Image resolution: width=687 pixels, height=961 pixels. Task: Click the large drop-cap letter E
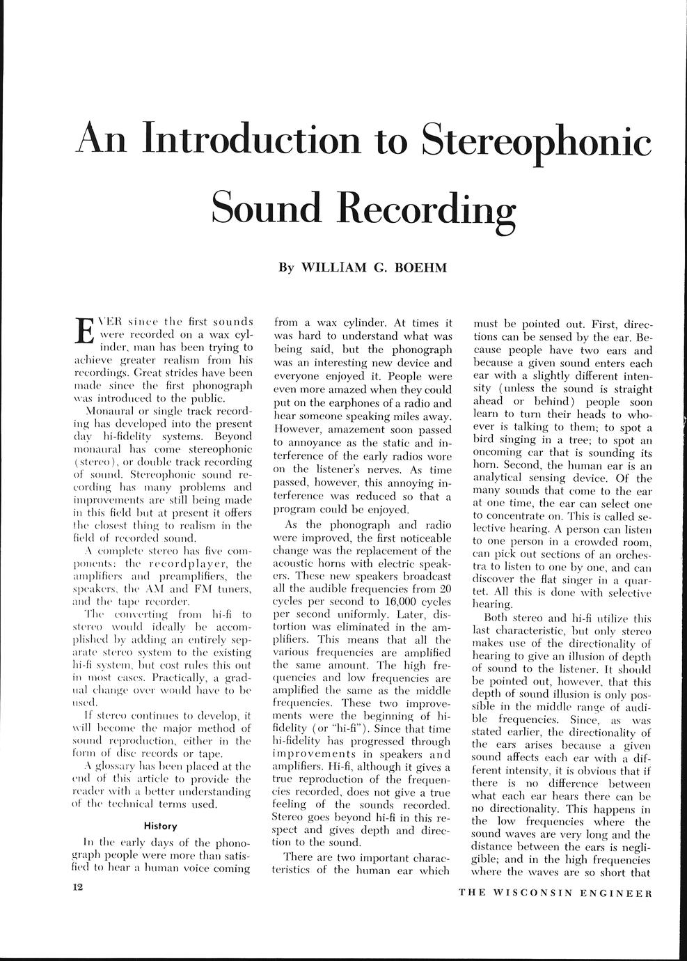click(x=83, y=331)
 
